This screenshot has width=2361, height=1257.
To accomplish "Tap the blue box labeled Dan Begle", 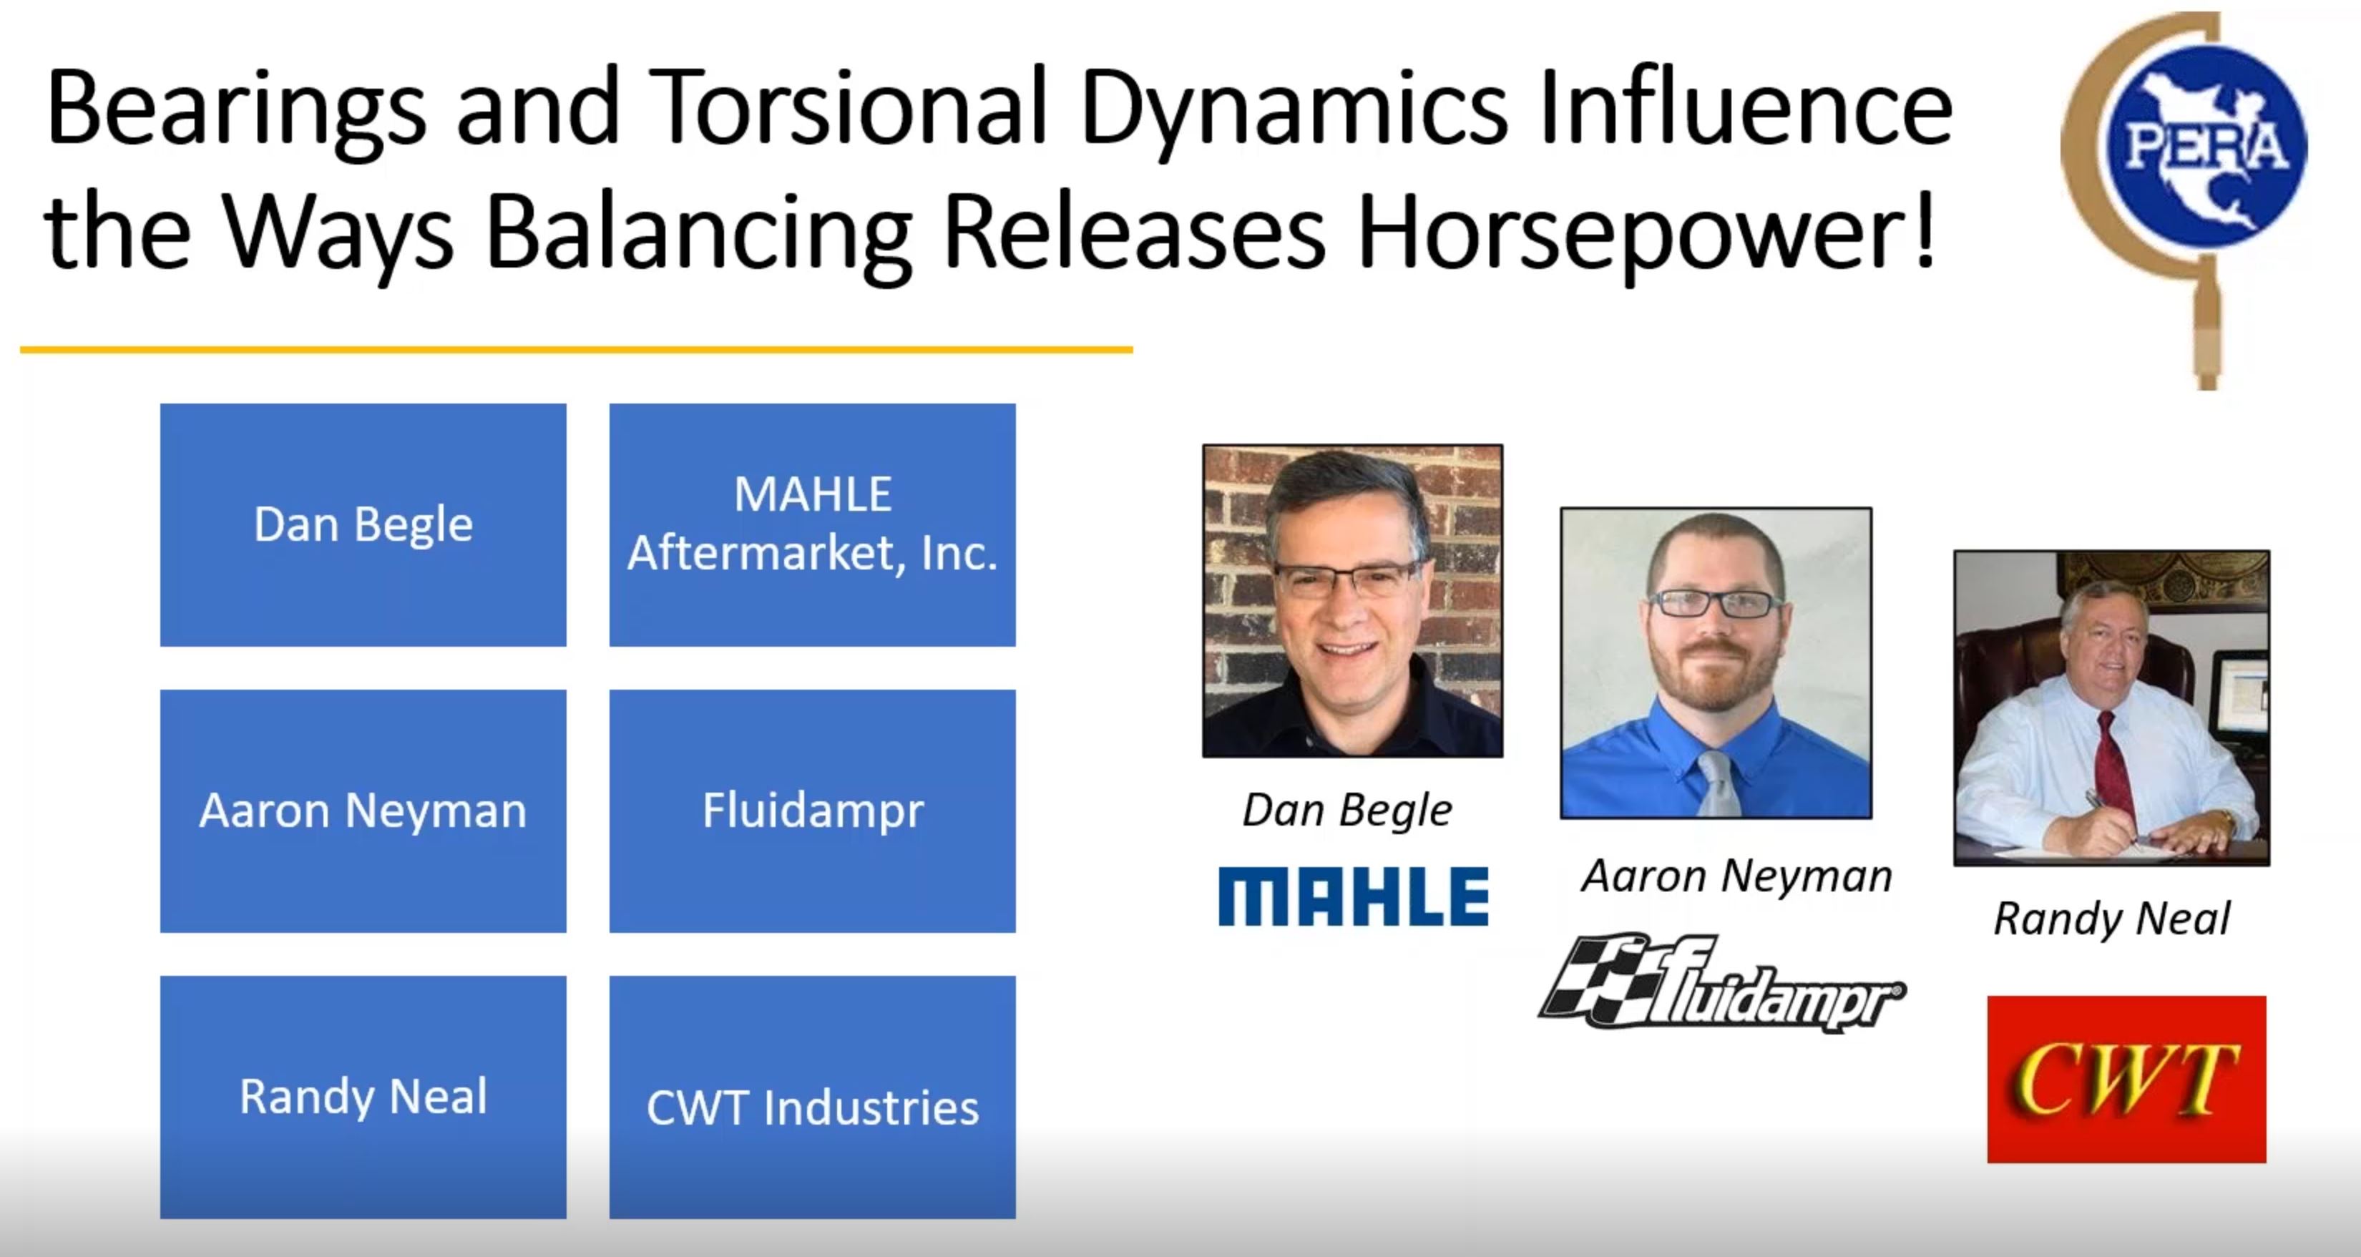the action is tap(363, 525).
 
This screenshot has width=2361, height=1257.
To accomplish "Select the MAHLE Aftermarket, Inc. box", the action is tap(812, 525).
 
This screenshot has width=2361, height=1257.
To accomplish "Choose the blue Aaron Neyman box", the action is tap(363, 811).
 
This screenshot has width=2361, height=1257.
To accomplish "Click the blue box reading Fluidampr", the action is tap(812, 811).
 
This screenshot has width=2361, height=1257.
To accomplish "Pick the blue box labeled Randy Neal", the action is tap(363, 1097).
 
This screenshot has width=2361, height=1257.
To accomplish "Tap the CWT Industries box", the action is tap(812, 1097).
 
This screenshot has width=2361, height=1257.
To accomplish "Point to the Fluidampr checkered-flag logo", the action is tap(1721, 984).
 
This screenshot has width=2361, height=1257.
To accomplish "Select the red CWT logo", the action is tap(2126, 1080).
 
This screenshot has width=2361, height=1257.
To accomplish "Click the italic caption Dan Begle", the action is tap(1347, 811).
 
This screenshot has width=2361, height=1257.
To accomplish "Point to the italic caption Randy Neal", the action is tap(2112, 919).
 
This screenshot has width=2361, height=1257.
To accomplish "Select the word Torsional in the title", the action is tap(852, 108).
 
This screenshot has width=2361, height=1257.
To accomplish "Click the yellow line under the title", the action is tap(577, 349).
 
